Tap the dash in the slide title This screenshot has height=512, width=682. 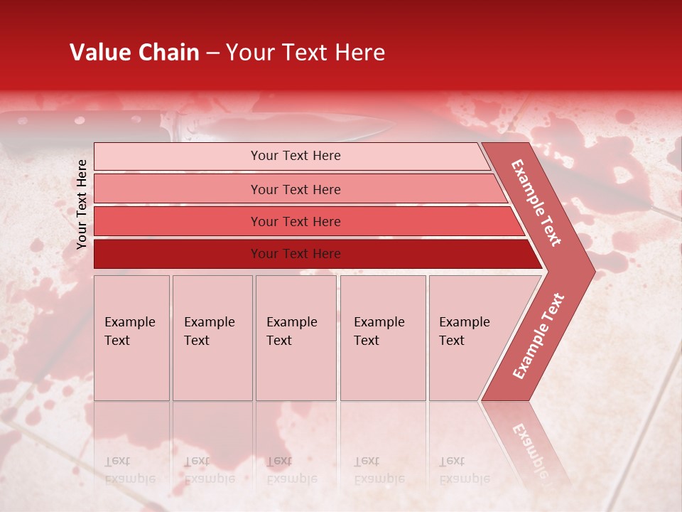click(212, 53)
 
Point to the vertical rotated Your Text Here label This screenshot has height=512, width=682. click(82, 204)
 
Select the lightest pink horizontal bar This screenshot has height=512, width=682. click(291, 156)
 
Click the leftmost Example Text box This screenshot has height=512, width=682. click(131, 338)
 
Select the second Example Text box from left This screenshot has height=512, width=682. click(212, 338)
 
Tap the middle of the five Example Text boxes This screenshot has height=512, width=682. click(296, 338)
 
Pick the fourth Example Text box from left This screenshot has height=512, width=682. click(383, 338)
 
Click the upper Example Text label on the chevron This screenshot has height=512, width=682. click(536, 203)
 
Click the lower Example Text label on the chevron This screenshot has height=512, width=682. click(538, 336)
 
